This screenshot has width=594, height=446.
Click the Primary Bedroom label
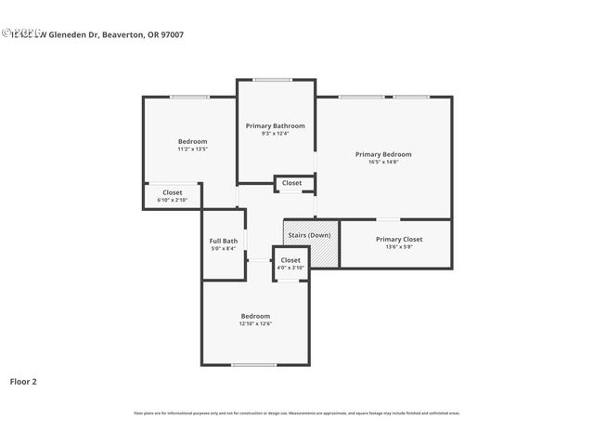point(383,154)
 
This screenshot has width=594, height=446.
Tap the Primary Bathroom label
point(275,125)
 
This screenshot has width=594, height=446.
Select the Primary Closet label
point(399,239)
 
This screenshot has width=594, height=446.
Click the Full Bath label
point(223,241)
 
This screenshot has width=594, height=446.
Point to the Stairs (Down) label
point(309,235)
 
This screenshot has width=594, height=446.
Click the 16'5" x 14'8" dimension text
point(383,163)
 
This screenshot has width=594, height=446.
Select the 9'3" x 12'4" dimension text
point(275,134)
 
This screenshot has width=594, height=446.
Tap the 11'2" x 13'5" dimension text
point(192,149)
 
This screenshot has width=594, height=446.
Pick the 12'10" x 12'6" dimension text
point(255,324)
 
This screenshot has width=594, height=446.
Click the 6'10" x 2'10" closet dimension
point(173,200)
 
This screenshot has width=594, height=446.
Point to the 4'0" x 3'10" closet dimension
point(291,268)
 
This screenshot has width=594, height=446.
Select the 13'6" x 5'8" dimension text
point(399,247)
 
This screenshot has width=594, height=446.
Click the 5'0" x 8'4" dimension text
point(223,249)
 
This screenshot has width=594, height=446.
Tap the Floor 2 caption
point(23,381)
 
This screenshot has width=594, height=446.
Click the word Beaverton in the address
point(124,34)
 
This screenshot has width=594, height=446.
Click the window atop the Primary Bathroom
point(274,80)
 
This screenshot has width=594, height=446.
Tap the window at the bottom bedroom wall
point(254,365)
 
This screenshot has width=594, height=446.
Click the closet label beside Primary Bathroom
point(291,183)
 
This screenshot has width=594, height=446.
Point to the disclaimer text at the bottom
point(297,413)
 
